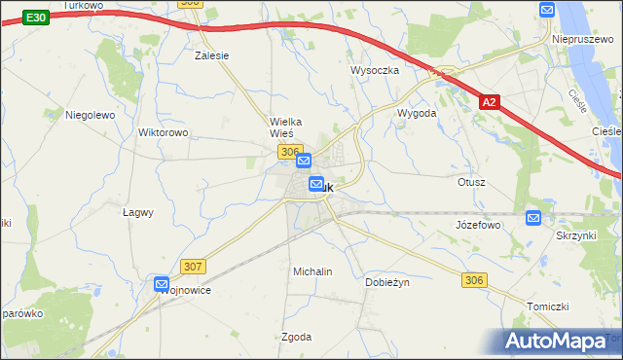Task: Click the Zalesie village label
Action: click(x=211, y=55)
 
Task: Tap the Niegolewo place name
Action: click(x=90, y=114)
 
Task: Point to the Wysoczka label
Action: click(x=375, y=70)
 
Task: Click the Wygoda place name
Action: click(x=416, y=113)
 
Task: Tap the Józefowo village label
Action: click(x=477, y=225)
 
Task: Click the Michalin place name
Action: click(x=312, y=271)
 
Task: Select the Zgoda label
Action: click(x=296, y=337)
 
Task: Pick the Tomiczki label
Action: click(x=547, y=306)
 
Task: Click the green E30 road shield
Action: click(x=36, y=18)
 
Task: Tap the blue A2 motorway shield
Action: click(x=491, y=100)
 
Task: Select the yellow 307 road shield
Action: click(x=193, y=266)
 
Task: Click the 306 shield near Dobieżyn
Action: click(x=473, y=280)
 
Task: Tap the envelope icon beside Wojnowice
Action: click(x=162, y=284)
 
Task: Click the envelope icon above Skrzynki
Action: click(x=532, y=218)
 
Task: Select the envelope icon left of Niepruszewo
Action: click(x=546, y=10)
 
